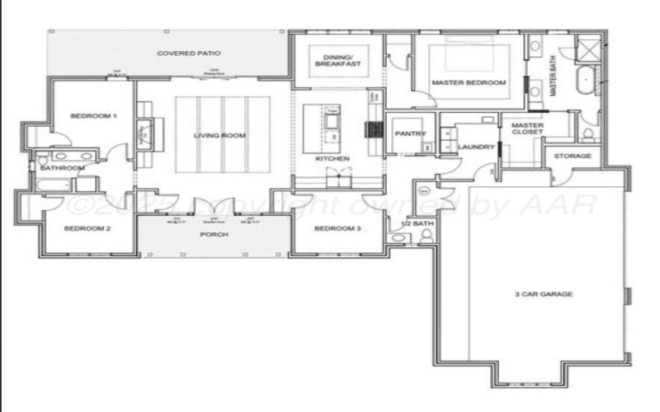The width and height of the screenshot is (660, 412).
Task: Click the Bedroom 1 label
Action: pos(92,116)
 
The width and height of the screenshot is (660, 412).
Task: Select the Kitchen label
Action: pos(332,158)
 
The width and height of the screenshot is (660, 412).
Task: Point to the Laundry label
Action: pos(476,147)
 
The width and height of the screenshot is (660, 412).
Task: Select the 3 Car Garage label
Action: pos(544,294)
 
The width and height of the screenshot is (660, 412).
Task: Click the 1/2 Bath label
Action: pos(414,223)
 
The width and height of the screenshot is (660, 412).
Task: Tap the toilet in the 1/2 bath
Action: pos(427,237)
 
